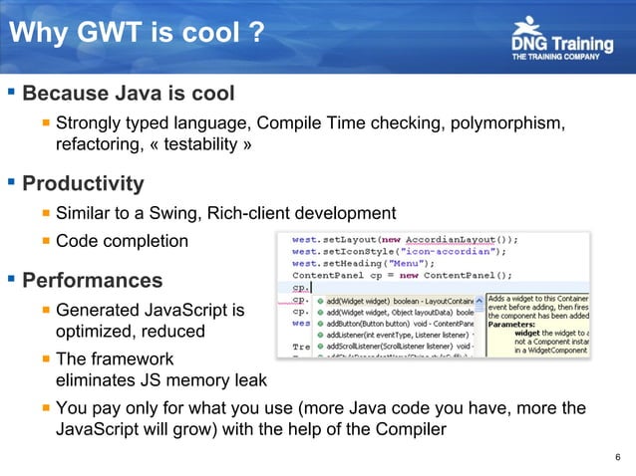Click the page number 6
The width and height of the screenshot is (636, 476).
click(x=619, y=458)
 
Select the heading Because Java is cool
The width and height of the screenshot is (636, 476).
click(x=129, y=96)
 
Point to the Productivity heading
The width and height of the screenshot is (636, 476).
click(x=83, y=184)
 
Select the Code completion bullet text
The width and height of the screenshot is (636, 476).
click(x=121, y=241)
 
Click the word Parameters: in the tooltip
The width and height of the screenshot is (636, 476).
click(x=516, y=322)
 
